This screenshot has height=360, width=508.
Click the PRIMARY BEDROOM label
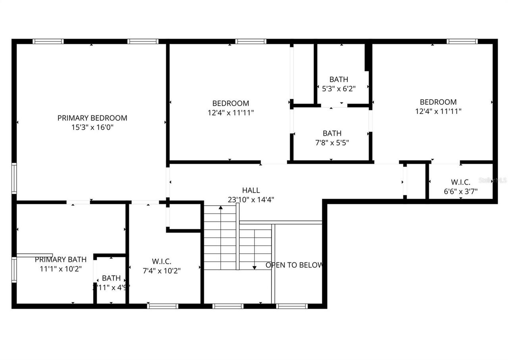tap(92, 118)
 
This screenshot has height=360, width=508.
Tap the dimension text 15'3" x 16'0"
tap(92, 127)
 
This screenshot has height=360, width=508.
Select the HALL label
tap(251, 191)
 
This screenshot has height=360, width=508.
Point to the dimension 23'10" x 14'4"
tap(251, 200)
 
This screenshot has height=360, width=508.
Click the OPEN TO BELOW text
tap(294, 265)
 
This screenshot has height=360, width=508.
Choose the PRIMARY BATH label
tap(60, 260)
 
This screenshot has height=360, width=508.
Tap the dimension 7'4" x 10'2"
tap(162, 271)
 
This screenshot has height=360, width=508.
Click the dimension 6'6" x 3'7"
tap(461, 191)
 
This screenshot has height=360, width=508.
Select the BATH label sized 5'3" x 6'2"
tap(339, 79)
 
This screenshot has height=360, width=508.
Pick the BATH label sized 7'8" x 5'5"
tap(332, 133)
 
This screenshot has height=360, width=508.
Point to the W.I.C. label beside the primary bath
tap(162, 261)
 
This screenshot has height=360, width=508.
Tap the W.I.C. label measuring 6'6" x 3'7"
tap(461, 182)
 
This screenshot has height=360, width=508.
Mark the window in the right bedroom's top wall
tap(462, 41)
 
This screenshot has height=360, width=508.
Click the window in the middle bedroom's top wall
tap(250, 41)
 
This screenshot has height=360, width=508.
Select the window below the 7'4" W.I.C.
tap(162, 306)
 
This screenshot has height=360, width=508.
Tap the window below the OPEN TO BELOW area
tap(292, 306)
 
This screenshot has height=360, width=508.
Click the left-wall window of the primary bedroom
tap(14, 179)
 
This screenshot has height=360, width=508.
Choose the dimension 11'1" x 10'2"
tap(60, 269)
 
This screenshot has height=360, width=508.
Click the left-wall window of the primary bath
tap(14, 270)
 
